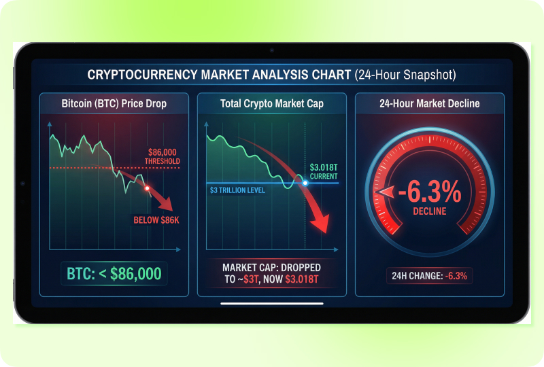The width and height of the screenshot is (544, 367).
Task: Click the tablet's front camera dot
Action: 272,50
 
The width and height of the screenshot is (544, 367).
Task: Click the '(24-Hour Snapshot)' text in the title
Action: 405,74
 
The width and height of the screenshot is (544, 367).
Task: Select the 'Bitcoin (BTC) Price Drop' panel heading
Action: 114,104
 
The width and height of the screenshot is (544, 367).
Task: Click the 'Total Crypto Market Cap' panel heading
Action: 271,104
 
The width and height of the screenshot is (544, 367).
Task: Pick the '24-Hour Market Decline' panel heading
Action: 429,104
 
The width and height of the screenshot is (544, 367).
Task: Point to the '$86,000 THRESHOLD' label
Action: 161,157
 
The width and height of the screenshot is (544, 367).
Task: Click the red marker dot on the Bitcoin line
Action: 147,188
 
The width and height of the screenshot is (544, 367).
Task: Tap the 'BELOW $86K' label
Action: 156,219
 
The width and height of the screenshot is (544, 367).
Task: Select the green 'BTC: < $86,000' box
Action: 114,274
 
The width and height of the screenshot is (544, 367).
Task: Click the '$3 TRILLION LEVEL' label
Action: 237,190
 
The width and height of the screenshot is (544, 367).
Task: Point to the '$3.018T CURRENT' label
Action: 323,171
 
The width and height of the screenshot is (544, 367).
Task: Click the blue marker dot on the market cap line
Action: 305,183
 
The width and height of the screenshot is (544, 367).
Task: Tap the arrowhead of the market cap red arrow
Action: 322,225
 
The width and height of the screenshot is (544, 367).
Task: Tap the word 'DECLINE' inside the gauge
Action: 429,211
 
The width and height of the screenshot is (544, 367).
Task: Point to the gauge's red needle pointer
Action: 385,194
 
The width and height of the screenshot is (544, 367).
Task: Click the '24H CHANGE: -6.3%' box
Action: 429,276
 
